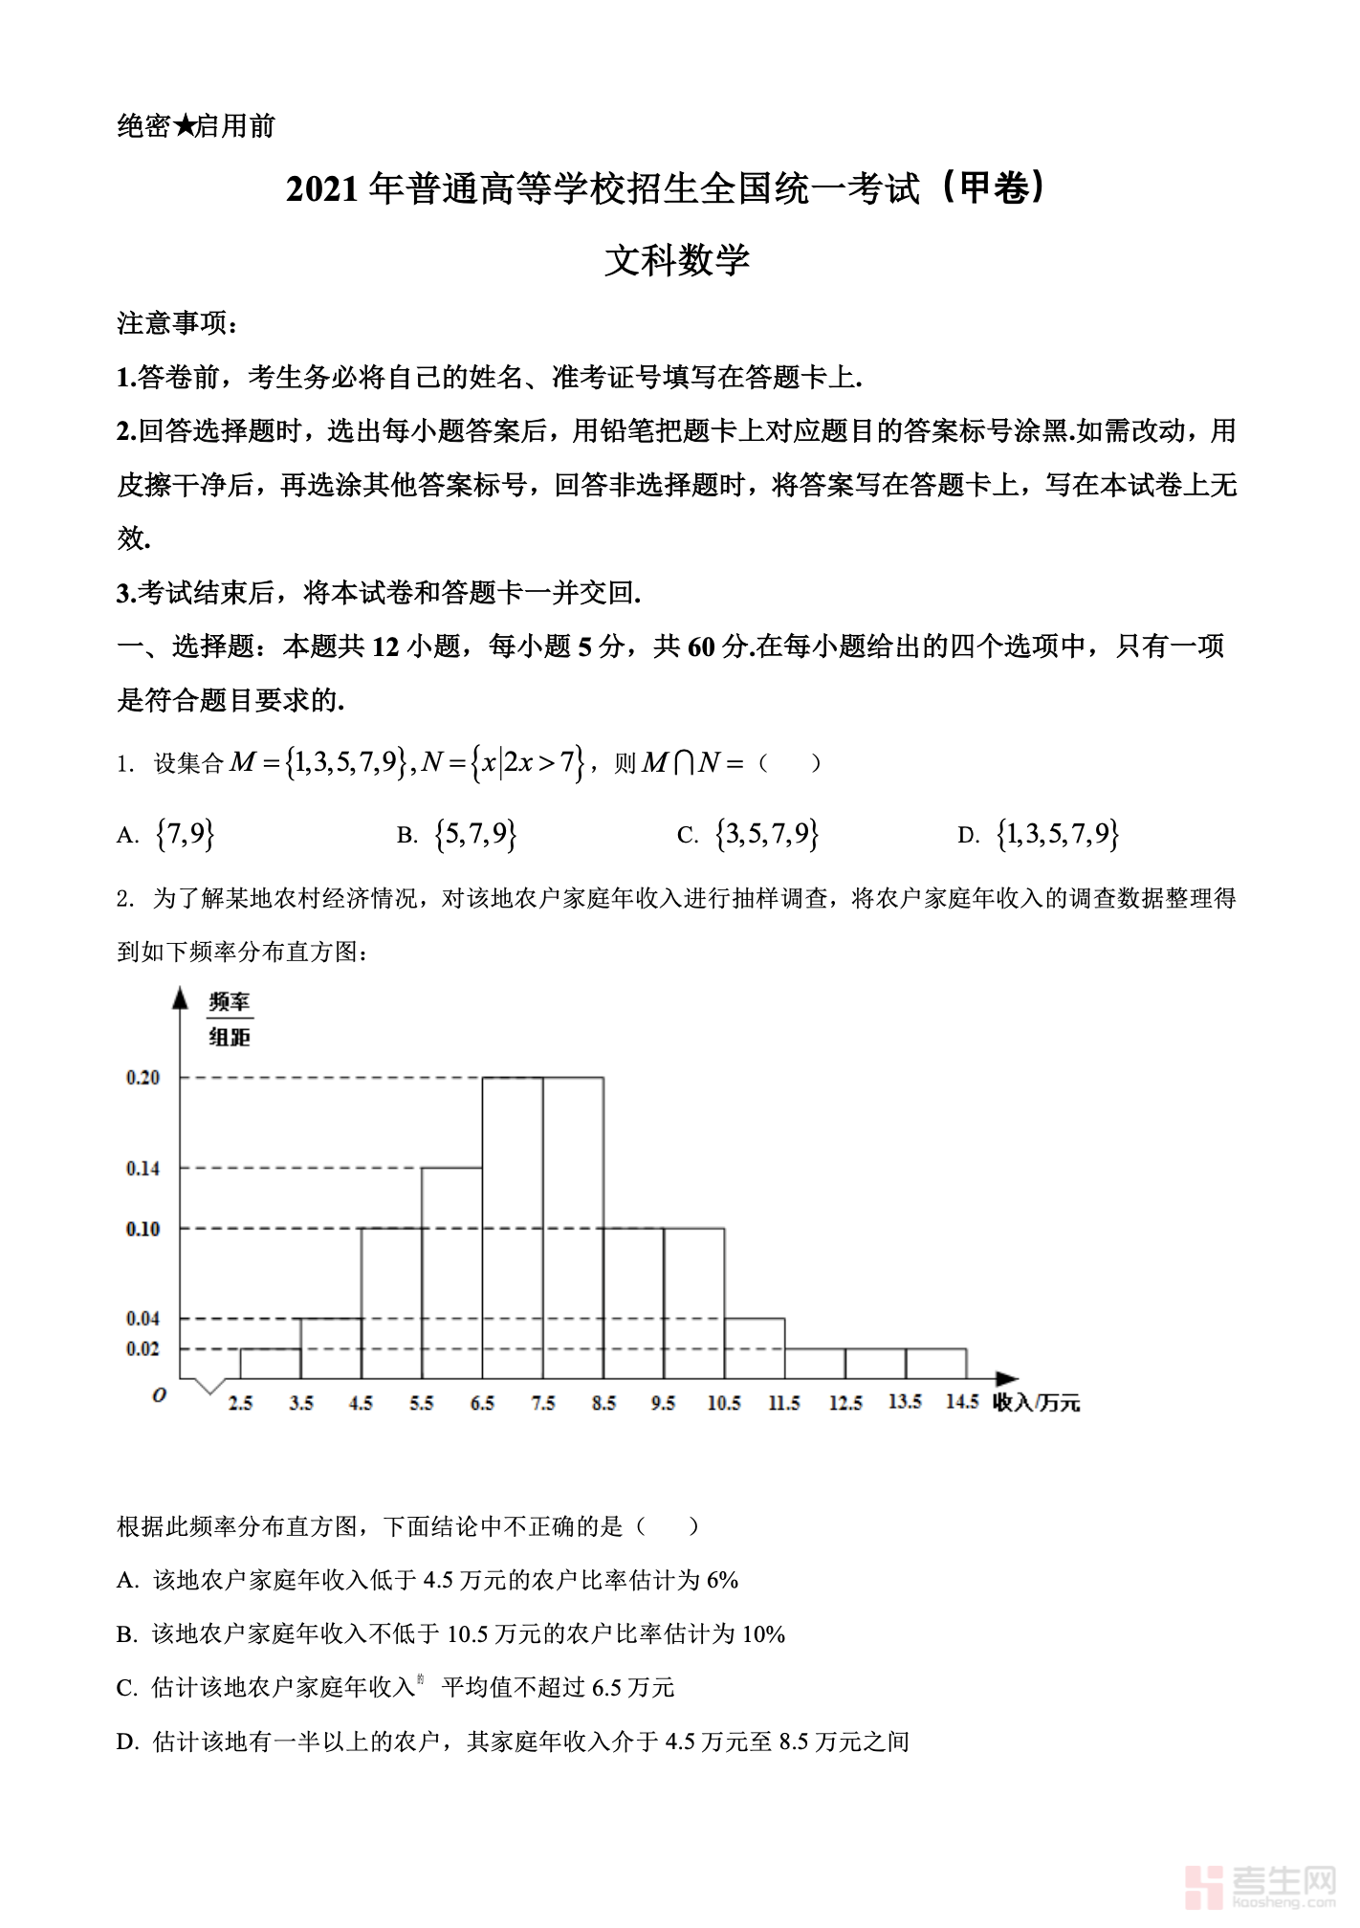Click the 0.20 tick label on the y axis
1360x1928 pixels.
143,1078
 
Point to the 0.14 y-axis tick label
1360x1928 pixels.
143,1169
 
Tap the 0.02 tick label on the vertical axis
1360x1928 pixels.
143,1349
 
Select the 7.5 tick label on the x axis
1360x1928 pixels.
543,1403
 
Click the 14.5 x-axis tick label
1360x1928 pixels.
962,1402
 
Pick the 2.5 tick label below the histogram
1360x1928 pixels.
240,1403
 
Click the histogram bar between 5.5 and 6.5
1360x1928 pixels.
452,1273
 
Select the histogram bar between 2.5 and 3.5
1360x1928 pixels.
271,1364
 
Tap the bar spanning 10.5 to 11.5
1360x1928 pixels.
755,1348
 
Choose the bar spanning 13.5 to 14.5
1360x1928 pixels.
936,1364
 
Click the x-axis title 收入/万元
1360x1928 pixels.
1036,1403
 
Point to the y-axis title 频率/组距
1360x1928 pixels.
230,1019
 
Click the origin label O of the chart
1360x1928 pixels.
160,1395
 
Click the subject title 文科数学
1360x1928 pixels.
677,260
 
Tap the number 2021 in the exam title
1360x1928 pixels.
322,189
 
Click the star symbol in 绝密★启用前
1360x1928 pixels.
185,125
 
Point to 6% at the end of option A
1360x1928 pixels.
722,1581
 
